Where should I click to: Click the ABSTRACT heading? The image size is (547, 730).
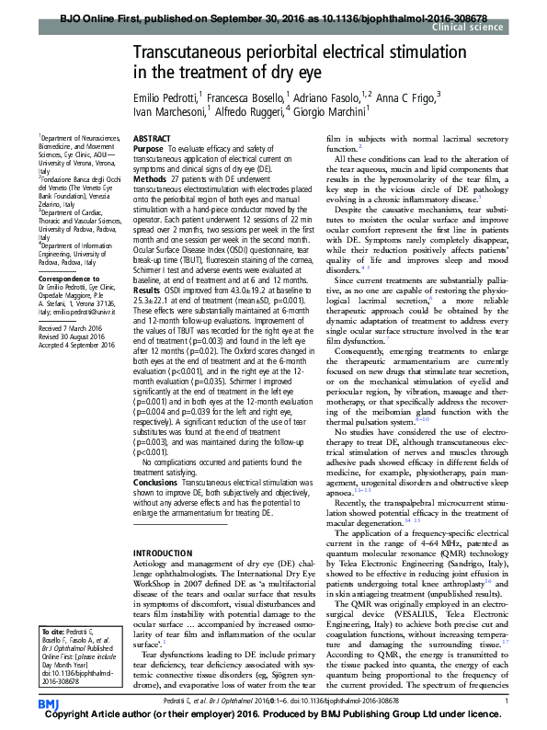tap(153, 138)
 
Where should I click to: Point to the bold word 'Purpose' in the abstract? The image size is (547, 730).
tap(149, 148)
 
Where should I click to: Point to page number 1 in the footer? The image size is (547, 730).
tap(507, 701)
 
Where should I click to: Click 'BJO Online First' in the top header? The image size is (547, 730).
tap(95, 17)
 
